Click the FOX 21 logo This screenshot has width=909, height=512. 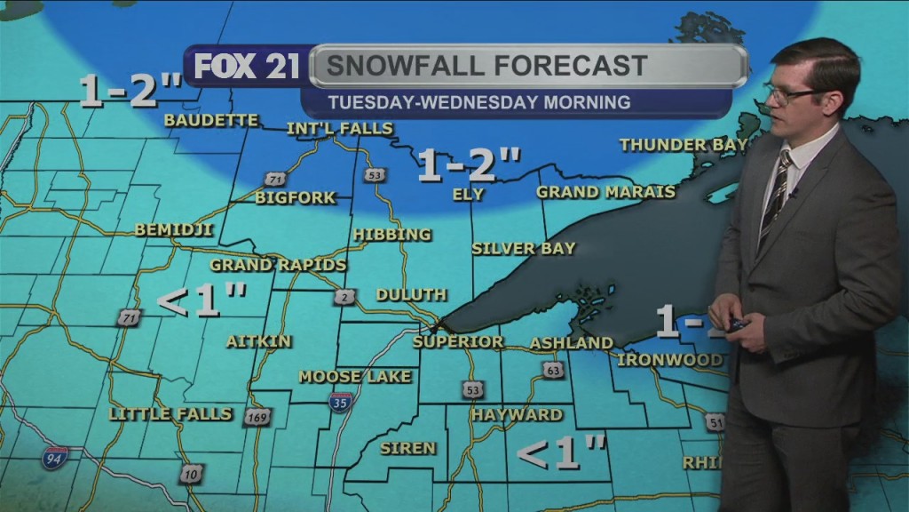[x=247, y=68]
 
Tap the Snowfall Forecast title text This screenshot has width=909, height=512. [x=486, y=66]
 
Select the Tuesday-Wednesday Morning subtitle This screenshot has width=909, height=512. [x=478, y=102]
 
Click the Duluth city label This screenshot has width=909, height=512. [x=411, y=294]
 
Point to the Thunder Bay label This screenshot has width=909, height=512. [x=684, y=145]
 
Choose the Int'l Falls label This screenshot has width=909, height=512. [x=339, y=129]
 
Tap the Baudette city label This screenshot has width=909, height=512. [x=211, y=120]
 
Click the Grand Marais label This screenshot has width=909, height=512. [x=605, y=192]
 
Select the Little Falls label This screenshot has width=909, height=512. [x=170, y=414]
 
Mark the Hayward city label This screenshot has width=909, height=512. [x=517, y=415]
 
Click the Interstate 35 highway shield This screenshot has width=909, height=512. [x=341, y=401]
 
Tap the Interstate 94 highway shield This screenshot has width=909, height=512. [x=53, y=458]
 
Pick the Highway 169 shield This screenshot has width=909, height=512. [x=256, y=417]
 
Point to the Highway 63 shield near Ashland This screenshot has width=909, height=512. [x=553, y=370]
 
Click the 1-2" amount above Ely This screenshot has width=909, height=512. [x=469, y=165]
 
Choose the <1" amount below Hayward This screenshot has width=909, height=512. [x=561, y=453]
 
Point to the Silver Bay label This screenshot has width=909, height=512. [x=524, y=249]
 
